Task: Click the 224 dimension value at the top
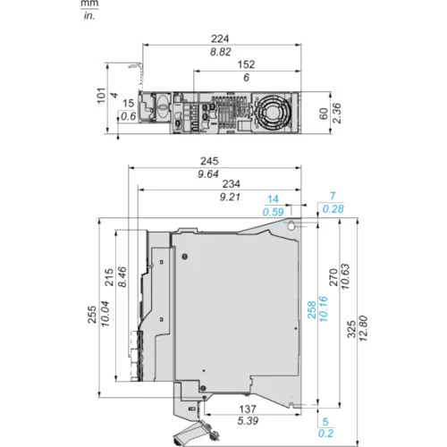[x=220, y=38]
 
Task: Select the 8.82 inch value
[x=220, y=52]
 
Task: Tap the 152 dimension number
[x=246, y=64]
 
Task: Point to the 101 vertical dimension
[x=101, y=96]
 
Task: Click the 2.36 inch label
[x=336, y=113]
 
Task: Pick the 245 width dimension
[x=209, y=161]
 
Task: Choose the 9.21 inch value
[x=230, y=197]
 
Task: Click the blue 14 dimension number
[x=273, y=199]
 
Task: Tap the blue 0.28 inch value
[x=333, y=209]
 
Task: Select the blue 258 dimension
[x=312, y=310]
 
